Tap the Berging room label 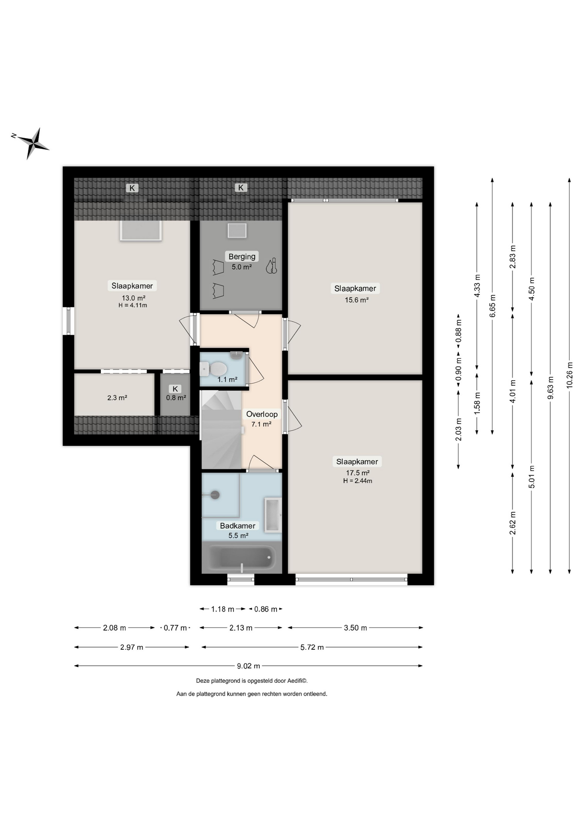point(242,256)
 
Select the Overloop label point(261,414)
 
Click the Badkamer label point(237,526)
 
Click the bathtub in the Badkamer point(242,557)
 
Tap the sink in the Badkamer point(272,515)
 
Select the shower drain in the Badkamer point(215,495)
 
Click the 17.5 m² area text point(358,473)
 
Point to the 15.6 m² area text point(356,300)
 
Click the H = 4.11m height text point(133,306)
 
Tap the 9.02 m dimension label point(249,666)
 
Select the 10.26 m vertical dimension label point(569,376)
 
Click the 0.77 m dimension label point(175,628)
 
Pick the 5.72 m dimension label point(312,647)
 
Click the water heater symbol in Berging point(271,266)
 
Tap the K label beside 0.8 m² point(175,389)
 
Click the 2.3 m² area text point(117,398)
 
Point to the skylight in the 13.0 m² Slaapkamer point(141,230)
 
